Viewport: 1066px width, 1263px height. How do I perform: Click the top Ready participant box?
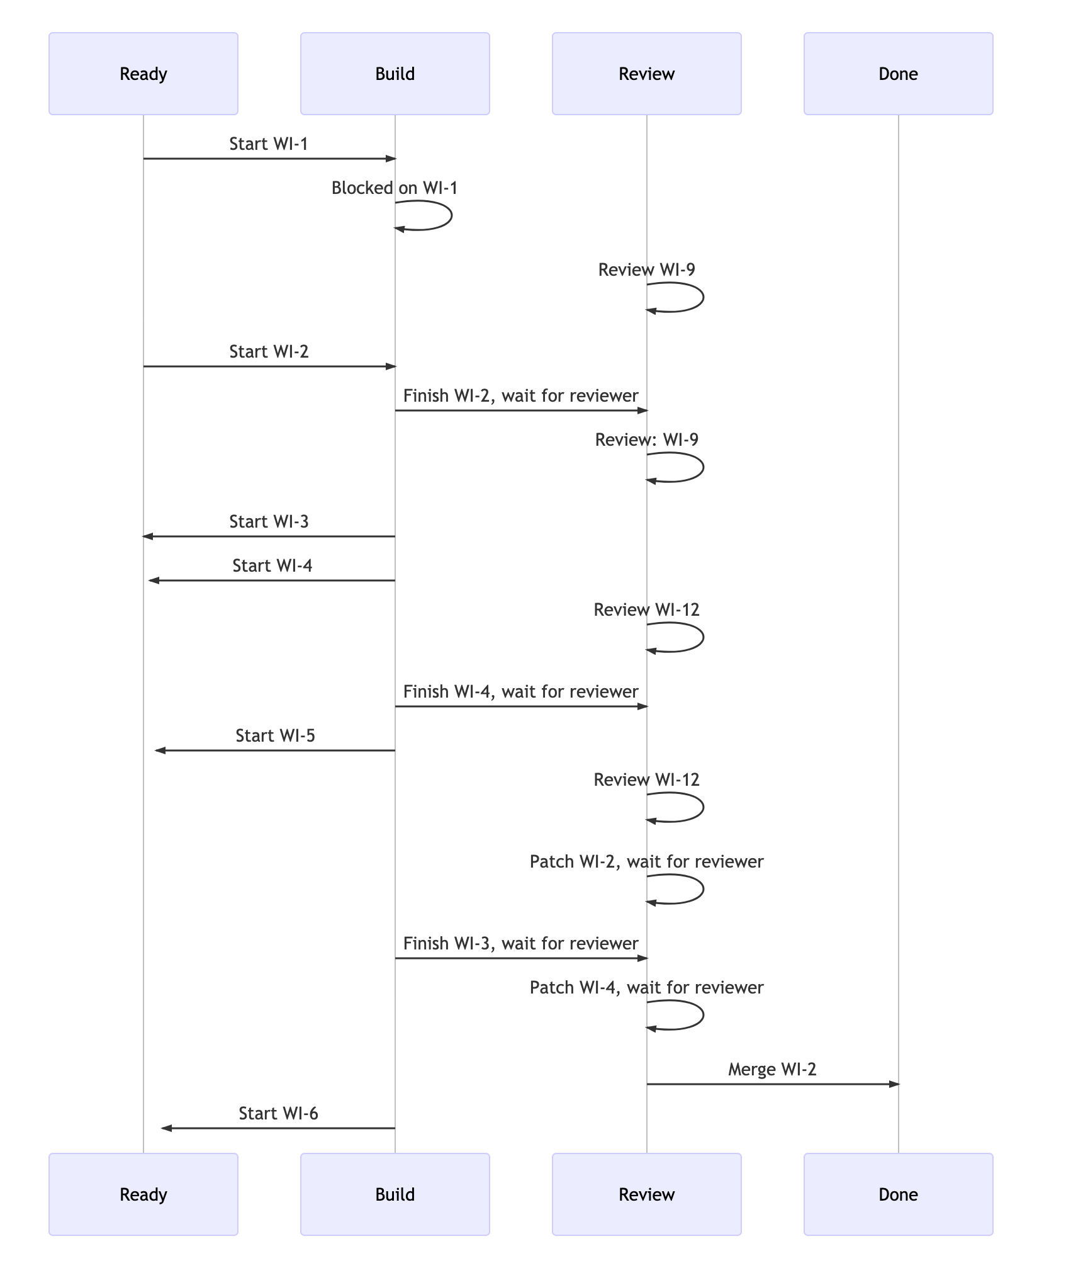143,74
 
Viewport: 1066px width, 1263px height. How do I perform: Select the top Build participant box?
395,74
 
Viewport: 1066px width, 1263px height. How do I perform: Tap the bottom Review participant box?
646,1194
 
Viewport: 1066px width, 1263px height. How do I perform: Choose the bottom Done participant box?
898,1194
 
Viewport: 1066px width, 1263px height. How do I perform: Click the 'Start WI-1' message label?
269,144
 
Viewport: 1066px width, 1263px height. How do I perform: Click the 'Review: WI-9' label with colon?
646,440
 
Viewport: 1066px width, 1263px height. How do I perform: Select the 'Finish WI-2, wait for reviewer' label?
520,396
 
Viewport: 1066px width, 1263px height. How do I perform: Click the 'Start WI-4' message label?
272,566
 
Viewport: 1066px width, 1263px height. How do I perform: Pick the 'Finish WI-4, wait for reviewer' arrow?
520,706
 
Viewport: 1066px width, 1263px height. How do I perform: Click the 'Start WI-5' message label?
275,736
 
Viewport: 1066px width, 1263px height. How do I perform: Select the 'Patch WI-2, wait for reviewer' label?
646,862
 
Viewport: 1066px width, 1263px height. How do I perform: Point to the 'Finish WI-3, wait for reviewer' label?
520,944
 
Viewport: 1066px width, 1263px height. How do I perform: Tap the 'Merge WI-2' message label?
772,1070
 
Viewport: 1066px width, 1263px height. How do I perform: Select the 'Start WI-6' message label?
278,1114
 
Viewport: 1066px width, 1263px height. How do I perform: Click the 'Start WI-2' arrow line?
269,366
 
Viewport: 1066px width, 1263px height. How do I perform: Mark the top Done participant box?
898,74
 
